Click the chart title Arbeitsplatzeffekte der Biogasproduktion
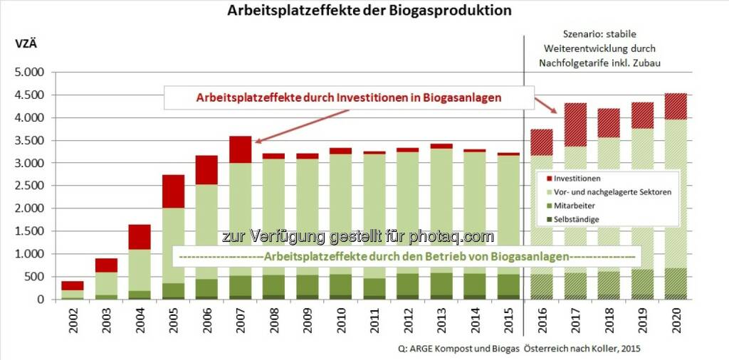369,11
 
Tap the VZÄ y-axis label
26,43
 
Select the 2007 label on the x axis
240,324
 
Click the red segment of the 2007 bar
240,149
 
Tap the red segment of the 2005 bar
174,191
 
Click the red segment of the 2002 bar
72,285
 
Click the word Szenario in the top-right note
578,35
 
